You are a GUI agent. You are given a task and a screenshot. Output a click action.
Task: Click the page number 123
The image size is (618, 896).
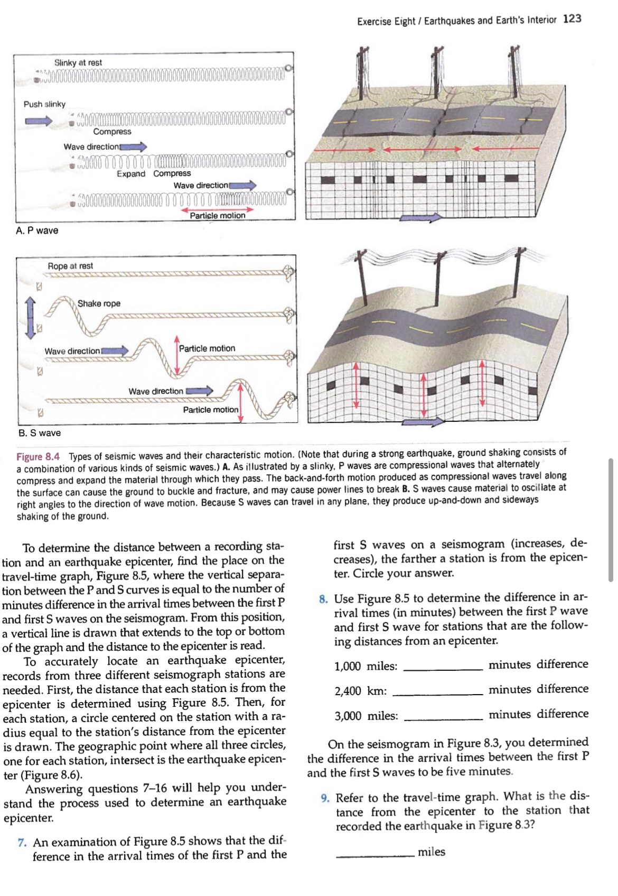572,19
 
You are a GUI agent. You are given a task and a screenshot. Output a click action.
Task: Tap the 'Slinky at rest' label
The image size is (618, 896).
78,62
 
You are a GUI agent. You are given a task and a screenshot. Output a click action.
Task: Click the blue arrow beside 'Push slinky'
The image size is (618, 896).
40,121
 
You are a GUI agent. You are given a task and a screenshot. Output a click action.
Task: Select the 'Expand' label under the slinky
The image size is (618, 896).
130,174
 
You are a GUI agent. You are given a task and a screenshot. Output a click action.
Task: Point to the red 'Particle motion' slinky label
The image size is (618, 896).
218,216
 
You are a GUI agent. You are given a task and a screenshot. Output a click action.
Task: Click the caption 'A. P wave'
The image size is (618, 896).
37,230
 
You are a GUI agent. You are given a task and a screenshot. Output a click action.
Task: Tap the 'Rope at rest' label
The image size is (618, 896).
70,266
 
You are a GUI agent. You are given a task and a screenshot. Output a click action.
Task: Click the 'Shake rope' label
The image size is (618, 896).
99,303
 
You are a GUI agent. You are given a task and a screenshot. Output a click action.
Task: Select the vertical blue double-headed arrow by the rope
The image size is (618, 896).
31,317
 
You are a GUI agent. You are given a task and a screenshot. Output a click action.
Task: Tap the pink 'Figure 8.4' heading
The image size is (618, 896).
38,457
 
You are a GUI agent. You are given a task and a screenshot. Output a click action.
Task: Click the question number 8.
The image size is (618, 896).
323,599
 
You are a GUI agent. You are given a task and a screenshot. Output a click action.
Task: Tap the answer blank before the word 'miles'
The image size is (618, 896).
375,855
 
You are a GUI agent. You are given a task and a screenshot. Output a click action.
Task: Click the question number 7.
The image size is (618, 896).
22,842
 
